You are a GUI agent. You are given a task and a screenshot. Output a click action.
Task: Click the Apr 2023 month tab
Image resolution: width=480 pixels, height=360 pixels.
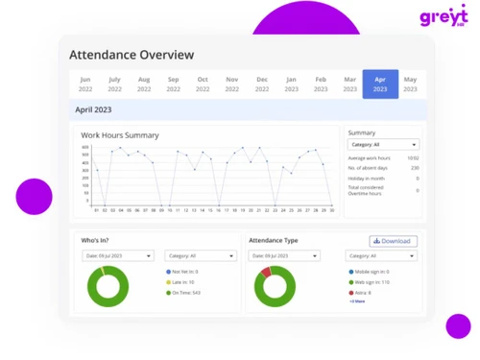coord(380,84)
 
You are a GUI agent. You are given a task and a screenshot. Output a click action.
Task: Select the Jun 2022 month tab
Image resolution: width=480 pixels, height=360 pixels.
coord(85,84)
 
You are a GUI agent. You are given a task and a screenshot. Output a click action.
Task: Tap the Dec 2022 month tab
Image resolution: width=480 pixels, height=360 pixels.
coord(261,84)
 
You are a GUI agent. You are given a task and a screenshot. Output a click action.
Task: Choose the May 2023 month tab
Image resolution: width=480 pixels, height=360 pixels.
coord(410,84)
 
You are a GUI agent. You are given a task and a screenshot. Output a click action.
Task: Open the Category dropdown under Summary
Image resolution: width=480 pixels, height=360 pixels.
coord(383,145)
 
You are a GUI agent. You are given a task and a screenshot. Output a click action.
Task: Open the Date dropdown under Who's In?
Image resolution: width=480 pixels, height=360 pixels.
coord(117,255)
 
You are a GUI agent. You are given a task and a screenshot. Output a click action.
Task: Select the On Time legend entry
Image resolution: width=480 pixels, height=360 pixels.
coord(184,293)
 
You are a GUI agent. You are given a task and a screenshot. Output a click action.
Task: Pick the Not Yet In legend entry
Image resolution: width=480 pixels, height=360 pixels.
coord(184,272)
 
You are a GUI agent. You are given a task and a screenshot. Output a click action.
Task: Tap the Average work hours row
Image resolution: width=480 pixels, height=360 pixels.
coord(382,157)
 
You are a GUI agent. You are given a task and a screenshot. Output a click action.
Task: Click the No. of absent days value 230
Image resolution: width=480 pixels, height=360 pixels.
coord(415,168)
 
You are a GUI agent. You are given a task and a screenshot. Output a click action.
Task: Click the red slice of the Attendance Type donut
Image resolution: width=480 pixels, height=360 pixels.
coord(265,273)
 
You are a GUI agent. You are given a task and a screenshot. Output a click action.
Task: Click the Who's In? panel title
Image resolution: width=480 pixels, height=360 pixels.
coord(95,240)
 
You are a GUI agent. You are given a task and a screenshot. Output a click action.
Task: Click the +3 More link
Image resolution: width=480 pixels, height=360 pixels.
coord(357,301)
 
